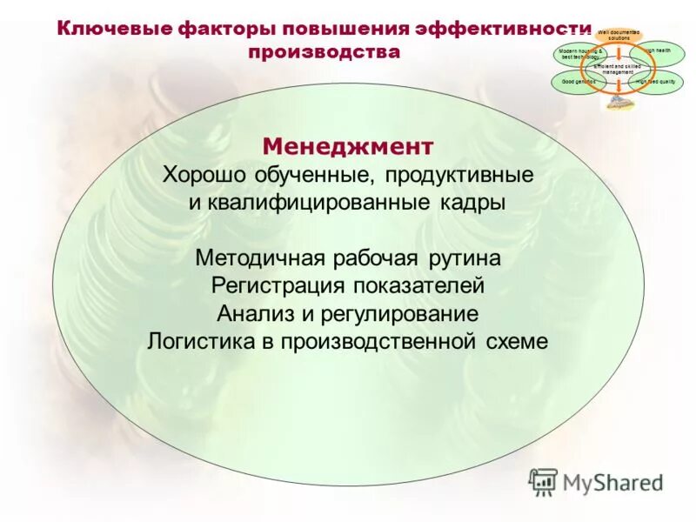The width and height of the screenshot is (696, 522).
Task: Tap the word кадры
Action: [470, 203]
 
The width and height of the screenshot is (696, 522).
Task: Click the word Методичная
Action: [260, 258]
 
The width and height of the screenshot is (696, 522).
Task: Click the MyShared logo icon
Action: [544, 481]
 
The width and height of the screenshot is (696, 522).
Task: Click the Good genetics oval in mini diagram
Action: [577, 82]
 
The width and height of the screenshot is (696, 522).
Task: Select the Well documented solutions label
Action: [619, 36]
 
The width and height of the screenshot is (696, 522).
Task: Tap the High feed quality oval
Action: [658, 82]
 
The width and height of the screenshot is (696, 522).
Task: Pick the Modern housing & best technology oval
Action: [579, 54]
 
